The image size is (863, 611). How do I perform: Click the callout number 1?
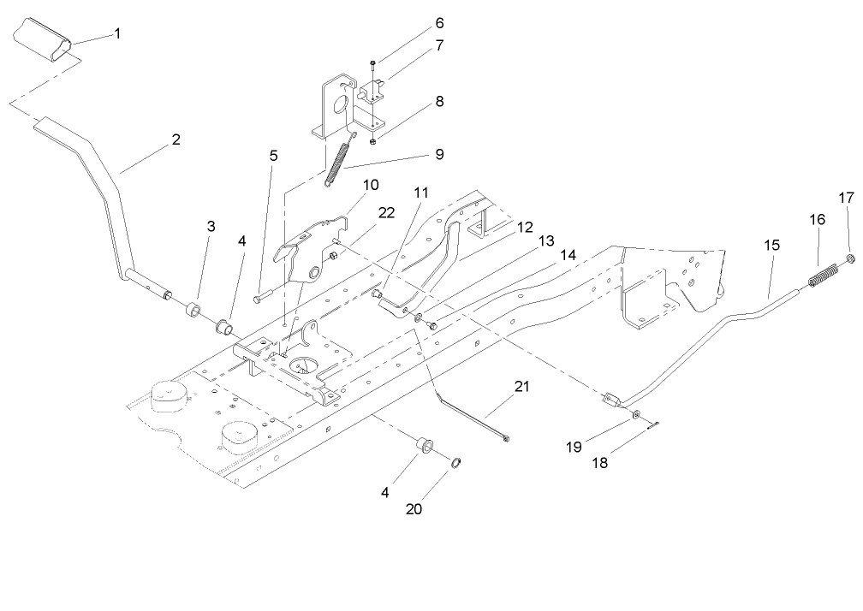coord(117,33)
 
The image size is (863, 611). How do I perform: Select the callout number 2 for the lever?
coord(176,139)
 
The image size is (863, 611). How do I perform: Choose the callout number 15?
coord(771,245)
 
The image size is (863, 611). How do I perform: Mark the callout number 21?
coord(521,387)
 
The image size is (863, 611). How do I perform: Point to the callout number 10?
coord(370,184)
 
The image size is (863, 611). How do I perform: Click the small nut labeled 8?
coord(374,140)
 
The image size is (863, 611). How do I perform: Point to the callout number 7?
coord(439,45)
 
